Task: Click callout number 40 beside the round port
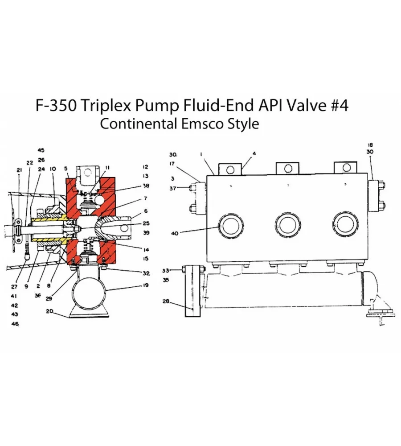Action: click(175, 233)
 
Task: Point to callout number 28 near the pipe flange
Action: click(166, 301)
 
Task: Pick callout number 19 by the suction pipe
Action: click(146, 285)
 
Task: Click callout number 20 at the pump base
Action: click(49, 311)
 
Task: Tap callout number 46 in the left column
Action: click(15, 324)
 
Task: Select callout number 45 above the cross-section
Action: click(41, 150)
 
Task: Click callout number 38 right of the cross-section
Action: click(146, 186)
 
